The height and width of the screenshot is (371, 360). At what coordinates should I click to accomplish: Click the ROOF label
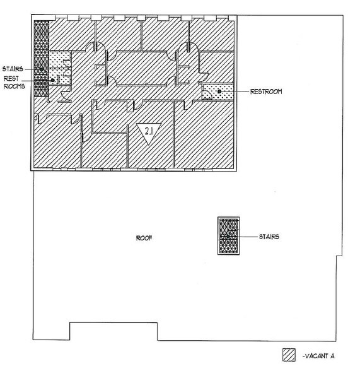coord(144,238)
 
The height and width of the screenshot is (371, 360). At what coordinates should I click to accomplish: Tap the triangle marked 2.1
coord(149,132)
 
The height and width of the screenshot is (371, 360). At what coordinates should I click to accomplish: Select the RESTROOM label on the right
coord(266,91)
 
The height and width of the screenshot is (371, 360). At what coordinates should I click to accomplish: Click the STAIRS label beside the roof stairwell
coord(269,237)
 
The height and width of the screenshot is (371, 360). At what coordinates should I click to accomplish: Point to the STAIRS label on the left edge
coord(13,69)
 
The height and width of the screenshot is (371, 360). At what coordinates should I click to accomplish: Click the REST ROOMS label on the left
coord(14,82)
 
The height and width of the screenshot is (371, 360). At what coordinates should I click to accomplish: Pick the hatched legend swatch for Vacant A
coord(289,355)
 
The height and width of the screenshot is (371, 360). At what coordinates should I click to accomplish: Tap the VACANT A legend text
coord(318,356)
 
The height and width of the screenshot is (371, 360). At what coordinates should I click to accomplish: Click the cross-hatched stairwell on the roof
coord(228,236)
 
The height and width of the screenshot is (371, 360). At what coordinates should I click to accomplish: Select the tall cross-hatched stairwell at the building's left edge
coord(42,58)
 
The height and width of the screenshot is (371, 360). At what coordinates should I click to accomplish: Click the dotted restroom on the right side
coord(218,92)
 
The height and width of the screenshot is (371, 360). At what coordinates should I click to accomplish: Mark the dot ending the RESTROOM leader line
coord(219,91)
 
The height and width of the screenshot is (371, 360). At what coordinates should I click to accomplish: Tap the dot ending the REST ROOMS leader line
coord(52,80)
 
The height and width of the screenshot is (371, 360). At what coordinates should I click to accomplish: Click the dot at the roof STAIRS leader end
coord(228,237)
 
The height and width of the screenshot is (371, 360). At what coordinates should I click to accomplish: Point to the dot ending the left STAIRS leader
coord(42,69)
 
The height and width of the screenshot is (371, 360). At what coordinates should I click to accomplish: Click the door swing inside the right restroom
coord(207,95)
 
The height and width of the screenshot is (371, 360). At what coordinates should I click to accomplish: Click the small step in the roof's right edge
coord(339,256)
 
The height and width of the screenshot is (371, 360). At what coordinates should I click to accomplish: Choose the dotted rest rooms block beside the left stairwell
coord(59,68)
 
